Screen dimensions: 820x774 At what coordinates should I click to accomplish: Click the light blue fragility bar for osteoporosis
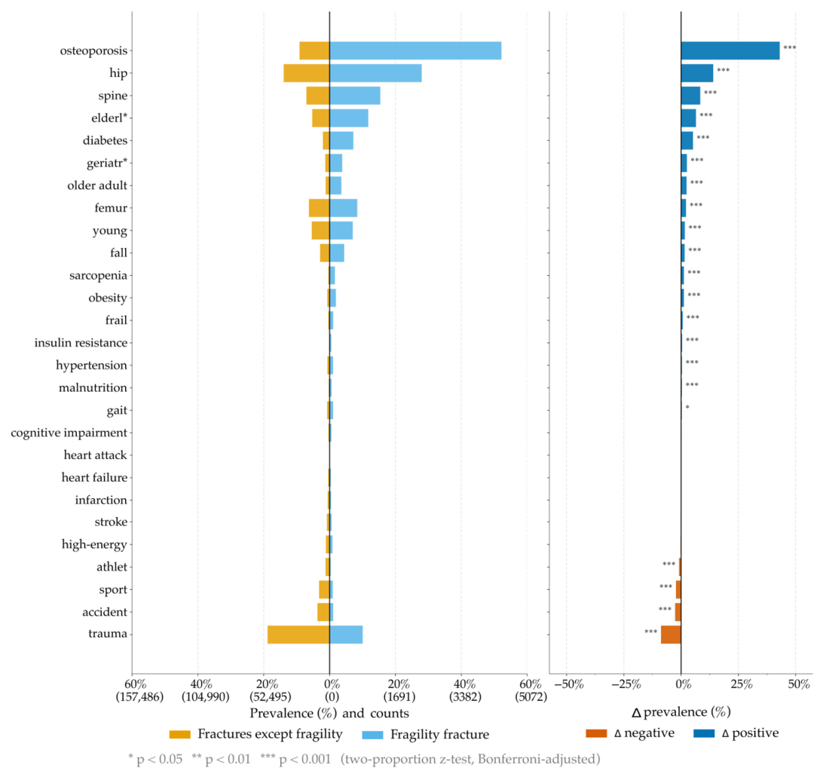pyautogui.click(x=415, y=50)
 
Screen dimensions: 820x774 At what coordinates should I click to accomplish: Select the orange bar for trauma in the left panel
pyautogui.click(x=298, y=635)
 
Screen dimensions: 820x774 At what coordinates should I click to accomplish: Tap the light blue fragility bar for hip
pyautogui.click(x=375, y=73)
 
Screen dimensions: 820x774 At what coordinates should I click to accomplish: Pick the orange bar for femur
pyautogui.click(x=319, y=208)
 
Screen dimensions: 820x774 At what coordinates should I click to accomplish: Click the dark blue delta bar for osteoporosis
pyautogui.click(x=730, y=50)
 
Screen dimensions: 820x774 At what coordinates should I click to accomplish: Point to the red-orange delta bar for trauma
pyautogui.click(x=671, y=635)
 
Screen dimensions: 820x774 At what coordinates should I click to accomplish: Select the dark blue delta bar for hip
pyautogui.click(x=697, y=73)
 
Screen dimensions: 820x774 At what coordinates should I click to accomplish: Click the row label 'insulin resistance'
pyautogui.click(x=81, y=343)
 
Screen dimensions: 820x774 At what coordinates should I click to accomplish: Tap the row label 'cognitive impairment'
pyautogui.click(x=69, y=433)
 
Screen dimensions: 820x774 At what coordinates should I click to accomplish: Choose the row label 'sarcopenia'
pyautogui.click(x=98, y=276)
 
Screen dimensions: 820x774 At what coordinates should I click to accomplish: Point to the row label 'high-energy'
pyautogui.click(x=94, y=544)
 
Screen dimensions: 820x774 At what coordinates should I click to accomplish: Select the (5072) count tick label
pyautogui.click(x=531, y=696)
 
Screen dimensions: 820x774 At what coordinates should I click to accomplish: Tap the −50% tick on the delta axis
pyautogui.click(x=568, y=684)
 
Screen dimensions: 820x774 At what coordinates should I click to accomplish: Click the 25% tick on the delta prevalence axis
pyautogui.click(x=742, y=684)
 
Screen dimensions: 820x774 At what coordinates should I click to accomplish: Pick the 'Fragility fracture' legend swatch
pyautogui.click(x=372, y=734)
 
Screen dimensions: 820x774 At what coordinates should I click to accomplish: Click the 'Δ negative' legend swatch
pyautogui.click(x=596, y=733)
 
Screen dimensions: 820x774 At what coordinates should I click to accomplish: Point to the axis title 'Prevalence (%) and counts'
pyautogui.click(x=329, y=714)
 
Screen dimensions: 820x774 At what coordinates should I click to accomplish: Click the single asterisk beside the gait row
pyautogui.click(x=687, y=408)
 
